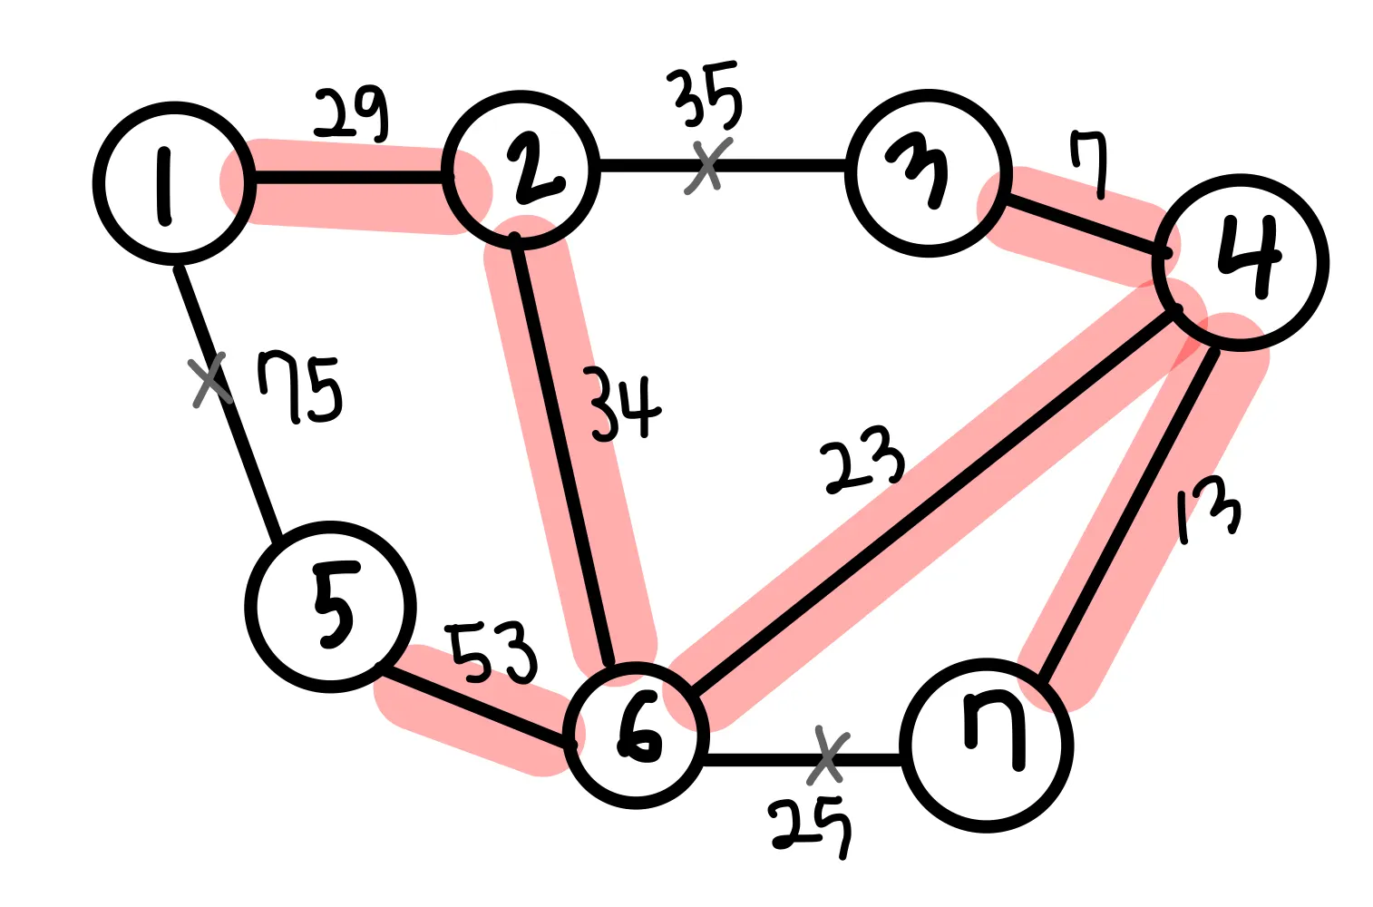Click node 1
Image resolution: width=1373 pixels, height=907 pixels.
coord(173,183)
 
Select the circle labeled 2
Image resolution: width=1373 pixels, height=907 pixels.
coord(521,170)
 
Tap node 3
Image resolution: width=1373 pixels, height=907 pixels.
coord(928,172)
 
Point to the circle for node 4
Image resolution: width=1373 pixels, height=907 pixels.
coord(1240,262)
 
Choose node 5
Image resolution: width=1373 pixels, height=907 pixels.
coord(330,607)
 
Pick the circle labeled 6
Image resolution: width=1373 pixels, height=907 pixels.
coord(635,735)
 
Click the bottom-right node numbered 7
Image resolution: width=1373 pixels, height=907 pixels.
coord(987,746)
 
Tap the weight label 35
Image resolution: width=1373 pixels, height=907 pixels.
coord(707,96)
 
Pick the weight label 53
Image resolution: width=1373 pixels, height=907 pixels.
coord(493,651)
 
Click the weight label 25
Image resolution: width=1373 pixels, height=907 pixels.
coord(810,825)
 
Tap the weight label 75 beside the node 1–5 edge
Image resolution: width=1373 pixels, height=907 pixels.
coord(299,388)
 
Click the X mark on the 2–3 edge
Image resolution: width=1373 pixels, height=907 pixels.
coord(708,165)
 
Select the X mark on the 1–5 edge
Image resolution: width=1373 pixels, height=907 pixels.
coord(210,382)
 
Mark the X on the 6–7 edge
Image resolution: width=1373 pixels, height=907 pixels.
coord(826,756)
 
